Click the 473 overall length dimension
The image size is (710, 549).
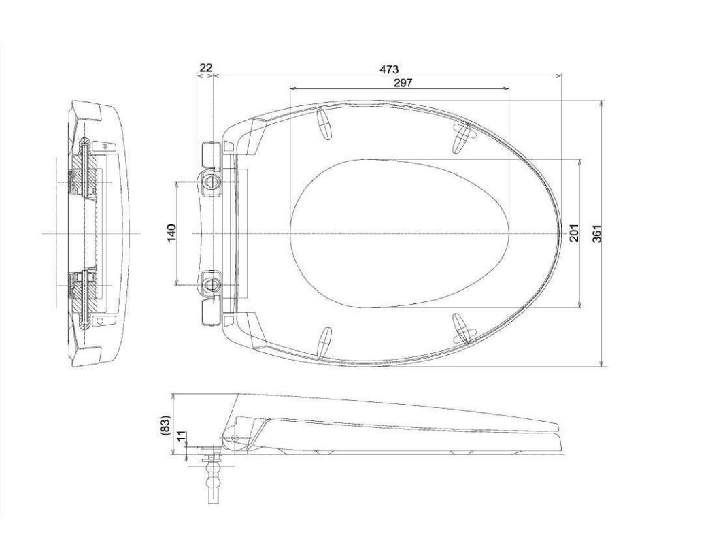pos(389,69)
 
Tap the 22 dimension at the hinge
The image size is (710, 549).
pos(205,67)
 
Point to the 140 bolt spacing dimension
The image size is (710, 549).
pos(171,233)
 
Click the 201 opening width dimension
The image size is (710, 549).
pos(573,233)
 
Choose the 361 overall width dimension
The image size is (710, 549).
pos(597,233)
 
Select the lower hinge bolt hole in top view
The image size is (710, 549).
pos(212,281)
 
